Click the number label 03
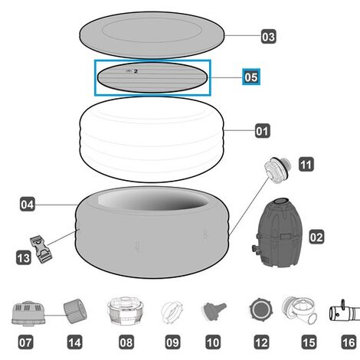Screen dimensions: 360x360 click(x=268, y=37)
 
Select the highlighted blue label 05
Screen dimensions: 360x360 click(x=251, y=77)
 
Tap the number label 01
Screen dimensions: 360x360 click(x=263, y=131)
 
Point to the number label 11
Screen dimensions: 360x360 click(x=306, y=165)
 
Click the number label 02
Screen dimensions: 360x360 click(x=316, y=237)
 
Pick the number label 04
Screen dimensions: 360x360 click(x=28, y=204)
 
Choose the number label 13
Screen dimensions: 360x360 click(x=24, y=257)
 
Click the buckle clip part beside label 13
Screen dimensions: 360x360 click(x=41, y=249)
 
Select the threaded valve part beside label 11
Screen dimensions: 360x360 click(x=278, y=170)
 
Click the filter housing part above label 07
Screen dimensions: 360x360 click(x=28, y=313)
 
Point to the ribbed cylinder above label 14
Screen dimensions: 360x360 click(x=75, y=311)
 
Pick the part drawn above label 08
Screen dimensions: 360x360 click(x=126, y=310)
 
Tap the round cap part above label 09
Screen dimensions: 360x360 click(x=172, y=312)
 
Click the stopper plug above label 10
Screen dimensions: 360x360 click(x=214, y=310)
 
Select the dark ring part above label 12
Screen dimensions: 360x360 click(x=260, y=309)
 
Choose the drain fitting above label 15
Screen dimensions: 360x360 click(x=300, y=310)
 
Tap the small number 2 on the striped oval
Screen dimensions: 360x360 click(x=136, y=71)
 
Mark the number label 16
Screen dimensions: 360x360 click(x=349, y=342)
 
